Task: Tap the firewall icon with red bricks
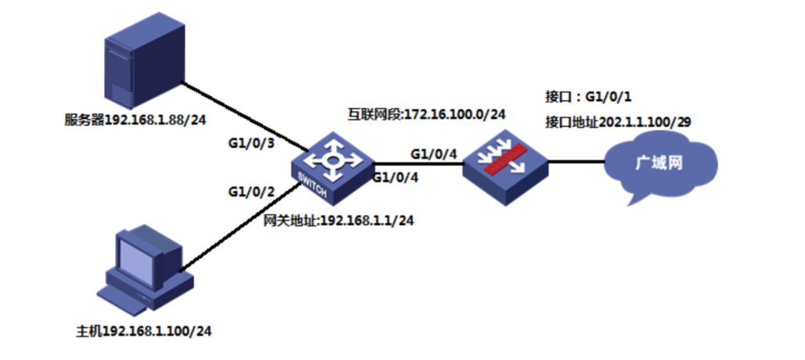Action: coord(505,164)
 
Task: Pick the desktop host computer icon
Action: coord(146,269)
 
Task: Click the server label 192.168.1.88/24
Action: coord(135,121)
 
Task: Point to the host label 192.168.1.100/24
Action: coord(143,331)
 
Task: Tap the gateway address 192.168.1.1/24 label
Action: coord(338,221)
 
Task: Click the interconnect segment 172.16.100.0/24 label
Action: coord(426,114)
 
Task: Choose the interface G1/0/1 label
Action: coord(584,96)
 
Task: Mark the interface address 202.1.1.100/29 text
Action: coord(618,122)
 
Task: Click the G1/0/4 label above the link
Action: coord(434,153)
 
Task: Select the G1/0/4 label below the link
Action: coord(395,178)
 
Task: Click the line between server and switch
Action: coord(246,117)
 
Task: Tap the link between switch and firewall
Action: coord(419,164)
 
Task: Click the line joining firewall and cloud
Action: coord(577,162)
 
